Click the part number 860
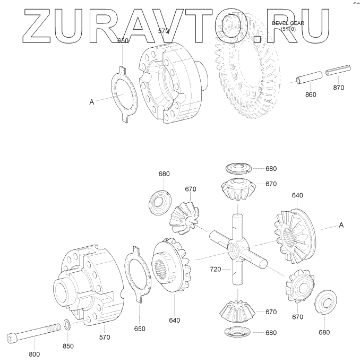[311, 95]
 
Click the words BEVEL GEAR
[288, 23]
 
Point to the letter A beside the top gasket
[91, 101]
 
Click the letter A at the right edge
[341, 225]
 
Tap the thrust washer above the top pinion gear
[238, 168]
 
